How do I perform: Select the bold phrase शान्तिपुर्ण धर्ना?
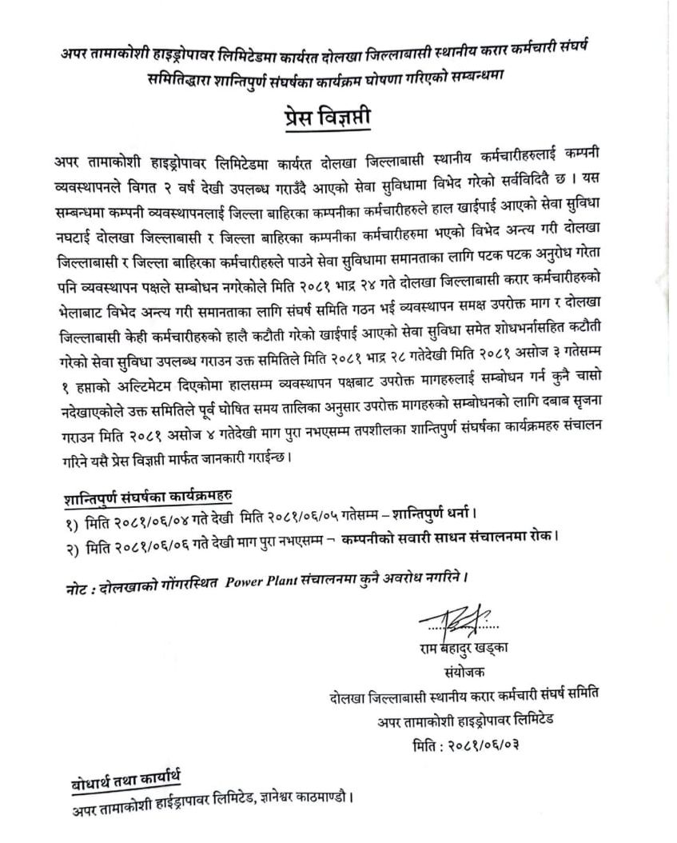(x=432, y=512)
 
